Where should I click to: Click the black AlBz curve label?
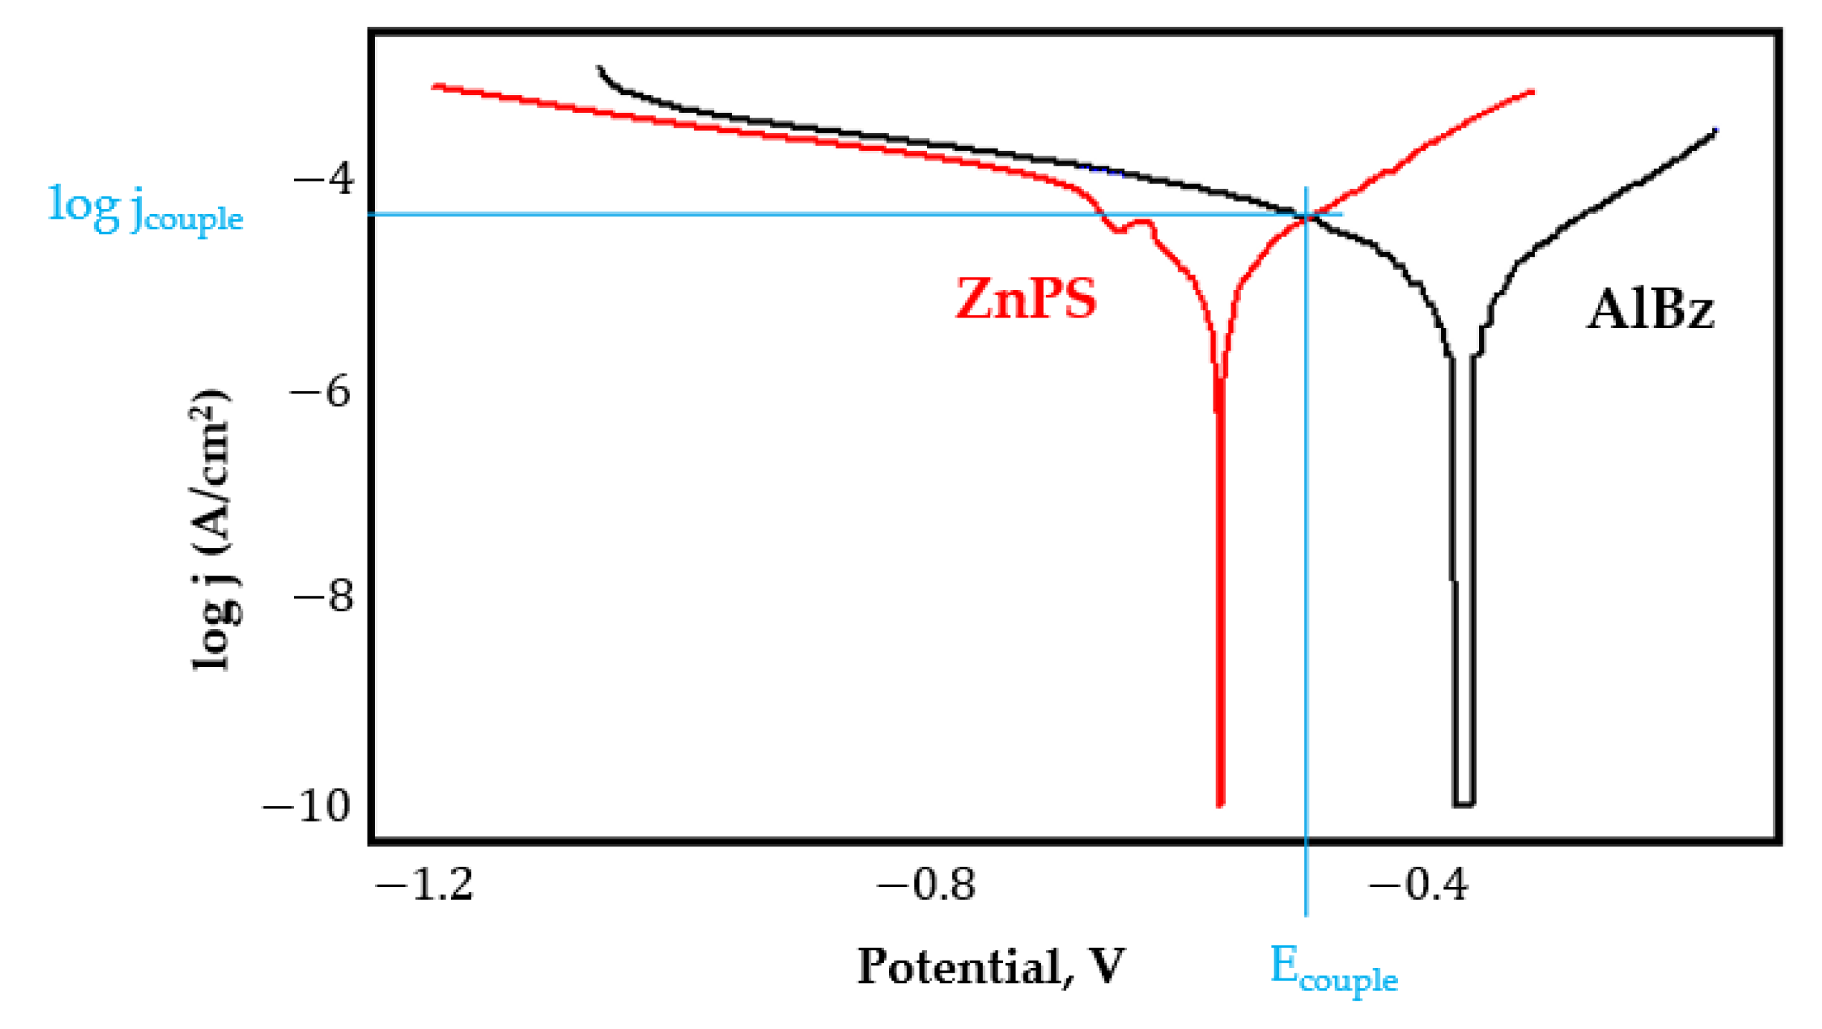click(1649, 309)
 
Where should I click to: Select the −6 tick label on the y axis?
click(321, 390)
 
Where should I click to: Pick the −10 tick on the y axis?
click(307, 805)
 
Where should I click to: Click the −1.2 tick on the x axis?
click(425, 886)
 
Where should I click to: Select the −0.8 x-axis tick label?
click(926, 886)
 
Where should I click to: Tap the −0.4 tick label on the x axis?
click(1418, 886)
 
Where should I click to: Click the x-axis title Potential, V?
click(990, 967)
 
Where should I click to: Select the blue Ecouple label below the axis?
click(1332, 968)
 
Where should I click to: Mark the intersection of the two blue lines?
click(1306, 215)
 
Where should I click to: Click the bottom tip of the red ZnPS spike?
click(1220, 803)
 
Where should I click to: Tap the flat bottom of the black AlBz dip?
click(1463, 803)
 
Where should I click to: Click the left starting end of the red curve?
click(434, 86)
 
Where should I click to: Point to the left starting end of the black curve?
click(599, 68)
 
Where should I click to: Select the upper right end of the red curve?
click(1532, 91)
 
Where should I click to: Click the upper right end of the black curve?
click(1715, 131)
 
